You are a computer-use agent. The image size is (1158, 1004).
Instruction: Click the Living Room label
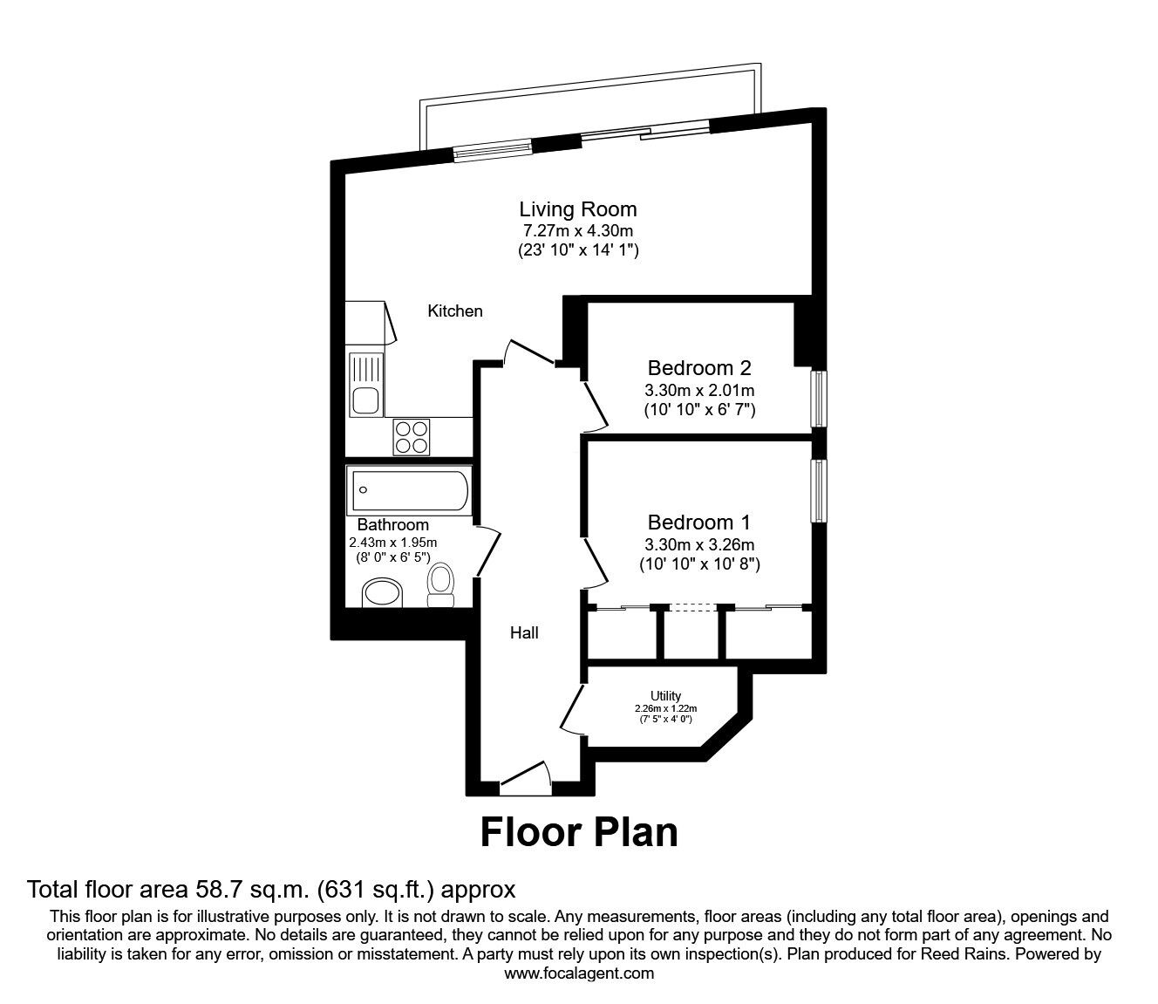click(x=578, y=209)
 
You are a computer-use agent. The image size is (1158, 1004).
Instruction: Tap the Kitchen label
click(x=454, y=311)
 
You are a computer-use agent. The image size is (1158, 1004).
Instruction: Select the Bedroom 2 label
click(x=698, y=368)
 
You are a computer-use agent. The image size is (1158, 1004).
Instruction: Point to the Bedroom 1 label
click(x=698, y=522)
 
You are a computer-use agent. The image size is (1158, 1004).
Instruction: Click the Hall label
click(x=524, y=632)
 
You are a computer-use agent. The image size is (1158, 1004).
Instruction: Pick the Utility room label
click(x=665, y=695)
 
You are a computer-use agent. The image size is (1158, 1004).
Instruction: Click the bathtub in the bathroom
click(x=409, y=490)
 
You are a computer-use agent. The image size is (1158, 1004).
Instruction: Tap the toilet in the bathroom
click(x=441, y=584)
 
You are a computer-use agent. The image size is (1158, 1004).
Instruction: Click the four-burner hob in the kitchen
click(x=412, y=437)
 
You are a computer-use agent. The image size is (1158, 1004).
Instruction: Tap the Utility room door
click(x=572, y=707)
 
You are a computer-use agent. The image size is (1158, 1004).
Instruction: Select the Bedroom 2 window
click(x=819, y=399)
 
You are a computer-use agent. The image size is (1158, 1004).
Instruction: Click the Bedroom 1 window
click(x=819, y=490)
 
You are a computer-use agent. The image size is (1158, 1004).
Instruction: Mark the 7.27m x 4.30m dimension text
click(x=578, y=231)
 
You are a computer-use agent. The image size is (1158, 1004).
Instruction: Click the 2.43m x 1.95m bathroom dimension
click(x=392, y=542)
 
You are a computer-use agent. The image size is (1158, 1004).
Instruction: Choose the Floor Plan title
click(x=579, y=831)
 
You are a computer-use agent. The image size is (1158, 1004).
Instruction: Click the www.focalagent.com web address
click(x=579, y=973)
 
